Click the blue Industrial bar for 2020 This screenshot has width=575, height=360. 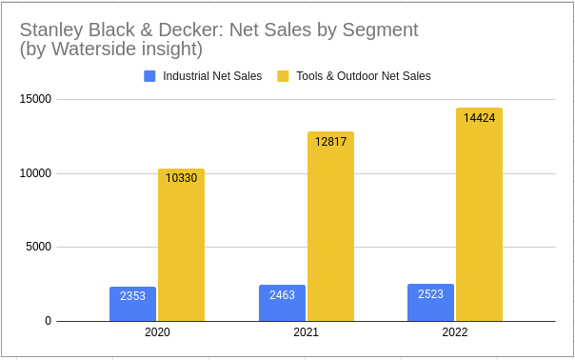coord(132,305)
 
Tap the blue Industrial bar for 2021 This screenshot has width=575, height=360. coord(282,304)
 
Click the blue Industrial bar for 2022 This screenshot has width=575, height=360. coord(431,303)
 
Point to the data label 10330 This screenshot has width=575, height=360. coord(181,178)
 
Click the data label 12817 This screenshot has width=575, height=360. coord(330,142)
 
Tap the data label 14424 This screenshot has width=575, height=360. coord(479,118)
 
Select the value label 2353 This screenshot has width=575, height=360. coord(132,296)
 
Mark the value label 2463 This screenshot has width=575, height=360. coord(282,295)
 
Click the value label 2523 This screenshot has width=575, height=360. coord(431,294)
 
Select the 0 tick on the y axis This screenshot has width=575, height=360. coord(47,321)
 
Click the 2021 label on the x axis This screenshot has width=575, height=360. coord(307,334)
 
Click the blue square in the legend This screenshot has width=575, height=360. coord(149,75)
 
